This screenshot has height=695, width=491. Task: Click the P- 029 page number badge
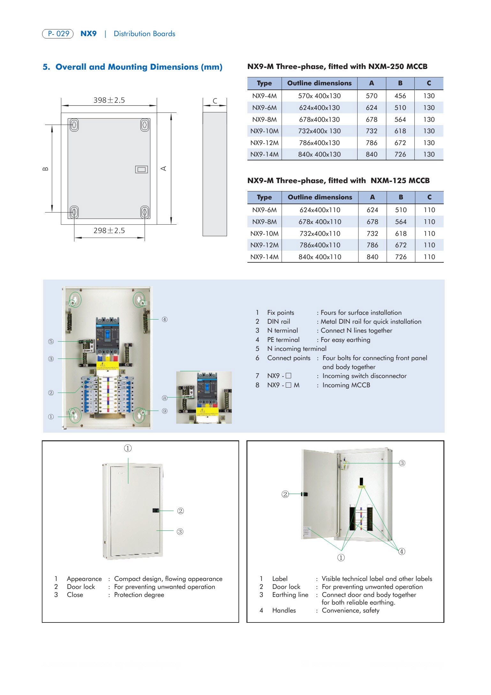pyautogui.click(x=58, y=34)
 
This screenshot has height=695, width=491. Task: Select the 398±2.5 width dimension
pyautogui.click(x=109, y=100)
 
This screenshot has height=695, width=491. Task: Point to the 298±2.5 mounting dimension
pyautogui.click(x=109, y=230)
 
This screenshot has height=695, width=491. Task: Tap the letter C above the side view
pyautogui.click(x=215, y=101)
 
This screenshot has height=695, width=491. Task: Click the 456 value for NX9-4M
pyautogui.click(x=400, y=96)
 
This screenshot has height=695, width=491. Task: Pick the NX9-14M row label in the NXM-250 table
pyautogui.click(x=264, y=154)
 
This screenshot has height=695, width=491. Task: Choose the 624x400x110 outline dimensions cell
pyautogui.click(x=320, y=210)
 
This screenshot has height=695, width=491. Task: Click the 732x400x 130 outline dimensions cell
pyautogui.click(x=319, y=131)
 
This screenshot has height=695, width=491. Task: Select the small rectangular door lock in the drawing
pyautogui.click(x=141, y=169)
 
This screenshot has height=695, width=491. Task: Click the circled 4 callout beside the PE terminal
pyautogui.click(x=164, y=319)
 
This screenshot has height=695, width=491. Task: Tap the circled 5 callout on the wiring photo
pyautogui.click(x=51, y=341)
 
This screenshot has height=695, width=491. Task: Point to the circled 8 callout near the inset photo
pyautogui.click(x=164, y=398)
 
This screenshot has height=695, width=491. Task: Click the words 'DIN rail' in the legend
pyautogui.click(x=279, y=321)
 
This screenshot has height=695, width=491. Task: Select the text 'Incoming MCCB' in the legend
pyautogui.click(x=346, y=385)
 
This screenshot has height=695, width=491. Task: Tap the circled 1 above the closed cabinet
pyautogui.click(x=128, y=448)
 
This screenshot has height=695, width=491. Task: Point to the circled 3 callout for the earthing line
pyautogui.click(x=402, y=463)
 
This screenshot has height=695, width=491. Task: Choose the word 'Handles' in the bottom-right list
pyautogui.click(x=284, y=610)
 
